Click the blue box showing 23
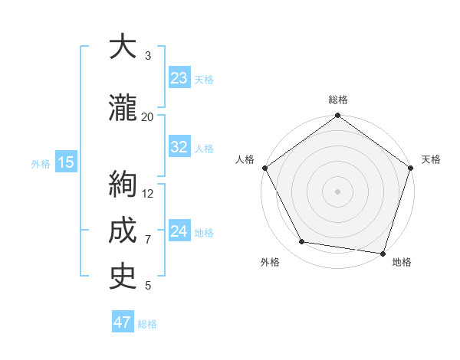179,78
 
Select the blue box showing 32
179,147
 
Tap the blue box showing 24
179,231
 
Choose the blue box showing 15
65,162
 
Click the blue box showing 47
123,322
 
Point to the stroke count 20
147,116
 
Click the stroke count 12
149,193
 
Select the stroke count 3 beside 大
148,56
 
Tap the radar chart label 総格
338,100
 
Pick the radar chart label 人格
245,159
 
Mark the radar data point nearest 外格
302,242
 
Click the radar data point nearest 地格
383,253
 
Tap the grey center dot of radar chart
338,191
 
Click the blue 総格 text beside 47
148,324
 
